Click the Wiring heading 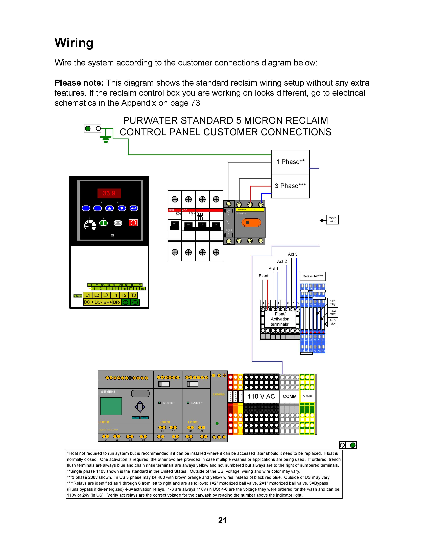74,43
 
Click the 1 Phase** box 290,162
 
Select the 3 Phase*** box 290,186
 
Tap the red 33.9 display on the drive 109,193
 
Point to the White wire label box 332,220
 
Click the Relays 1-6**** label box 313,276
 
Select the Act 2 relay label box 332,312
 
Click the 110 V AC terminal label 261,397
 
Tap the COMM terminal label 290,397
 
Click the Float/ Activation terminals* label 280,319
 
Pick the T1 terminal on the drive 115,295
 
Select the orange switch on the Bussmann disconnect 251,223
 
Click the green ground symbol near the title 106,139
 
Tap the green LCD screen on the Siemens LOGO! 111,406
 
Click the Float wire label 264,276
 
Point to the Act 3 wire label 293,254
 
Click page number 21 222,521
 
